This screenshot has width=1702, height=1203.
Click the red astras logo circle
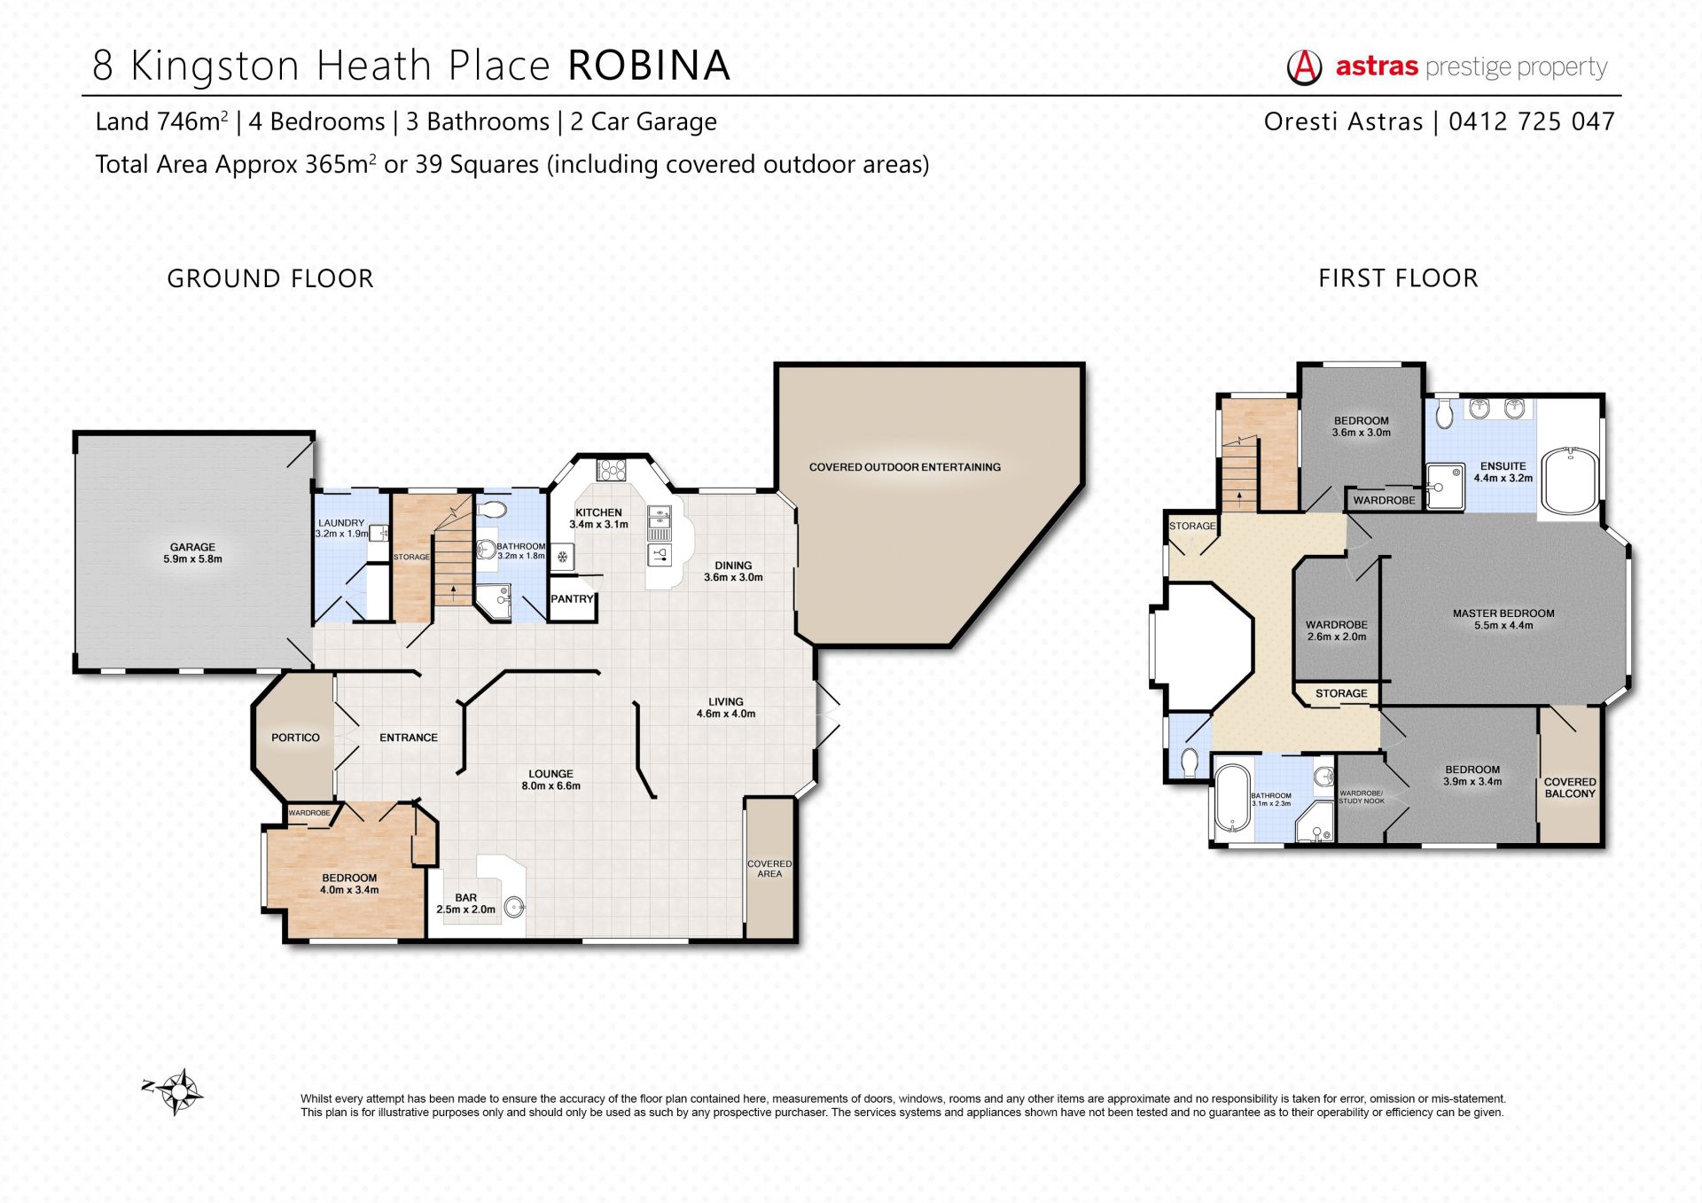point(1304,66)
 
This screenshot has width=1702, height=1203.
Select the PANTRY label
point(572,599)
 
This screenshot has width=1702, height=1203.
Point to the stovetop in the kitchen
point(611,470)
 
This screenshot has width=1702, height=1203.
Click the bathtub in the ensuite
point(1571,480)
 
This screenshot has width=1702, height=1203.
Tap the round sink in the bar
point(514,907)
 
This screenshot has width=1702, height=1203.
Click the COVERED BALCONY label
point(1570,788)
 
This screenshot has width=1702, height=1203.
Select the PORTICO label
point(295,738)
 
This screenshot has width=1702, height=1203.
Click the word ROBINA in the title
point(649,66)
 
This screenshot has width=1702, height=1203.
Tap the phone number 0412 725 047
point(1532,121)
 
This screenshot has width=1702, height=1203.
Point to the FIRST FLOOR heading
point(1398,278)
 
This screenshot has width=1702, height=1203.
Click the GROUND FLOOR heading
point(270,278)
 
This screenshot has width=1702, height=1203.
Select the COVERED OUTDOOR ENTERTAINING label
point(905,467)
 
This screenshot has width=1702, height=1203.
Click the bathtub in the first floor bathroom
point(1232,799)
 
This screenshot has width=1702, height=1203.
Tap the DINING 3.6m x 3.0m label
point(733,571)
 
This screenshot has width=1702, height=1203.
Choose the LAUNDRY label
point(341,523)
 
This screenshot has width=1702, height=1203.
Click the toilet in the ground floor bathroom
point(491,509)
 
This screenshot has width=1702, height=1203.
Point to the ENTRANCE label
point(409,738)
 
